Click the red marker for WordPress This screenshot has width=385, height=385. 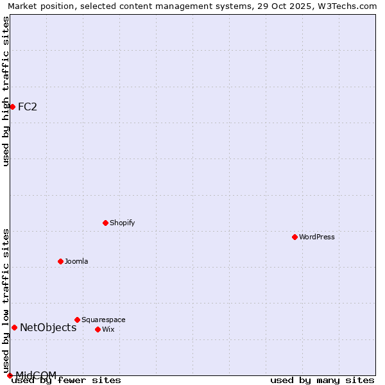pos(295,237)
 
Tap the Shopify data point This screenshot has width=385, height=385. pos(105,223)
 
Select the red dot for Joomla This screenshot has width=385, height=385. pos(60,261)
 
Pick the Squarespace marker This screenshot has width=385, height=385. pos(77,320)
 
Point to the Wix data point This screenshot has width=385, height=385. pos(98,329)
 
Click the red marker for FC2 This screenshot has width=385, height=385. pos(12,107)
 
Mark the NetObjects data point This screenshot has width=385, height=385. pos(14,327)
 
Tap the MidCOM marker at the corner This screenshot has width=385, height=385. pos(10,375)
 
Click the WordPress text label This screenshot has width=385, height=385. pos(317,237)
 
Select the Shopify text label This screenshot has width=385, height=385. pos(122,223)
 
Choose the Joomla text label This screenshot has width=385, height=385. pos(76,262)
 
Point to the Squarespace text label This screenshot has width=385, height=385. pos(103,320)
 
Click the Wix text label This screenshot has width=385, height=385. pos(108,330)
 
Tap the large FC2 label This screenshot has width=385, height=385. pos(28,107)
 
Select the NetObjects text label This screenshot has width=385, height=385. pos(48,328)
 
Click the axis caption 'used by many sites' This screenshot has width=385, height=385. pos(322,381)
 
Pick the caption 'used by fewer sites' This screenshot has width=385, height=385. pos(67,381)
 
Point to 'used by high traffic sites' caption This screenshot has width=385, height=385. pos(6,91)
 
